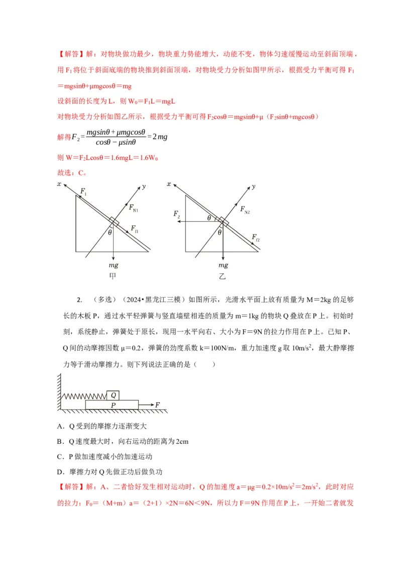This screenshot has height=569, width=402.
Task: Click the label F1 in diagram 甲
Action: (x=83, y=192)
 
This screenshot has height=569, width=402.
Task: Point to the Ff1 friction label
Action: (x=135, y=229)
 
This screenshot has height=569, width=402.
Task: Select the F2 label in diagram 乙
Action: (x=177, y=215)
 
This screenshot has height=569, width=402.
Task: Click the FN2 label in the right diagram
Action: (x=245, y=210)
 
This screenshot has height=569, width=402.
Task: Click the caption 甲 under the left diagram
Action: (x=113, y=276)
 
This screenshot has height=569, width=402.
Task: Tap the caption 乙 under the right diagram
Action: (x=222, y=276)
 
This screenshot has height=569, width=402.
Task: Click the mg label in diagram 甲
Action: (x=113, y=265)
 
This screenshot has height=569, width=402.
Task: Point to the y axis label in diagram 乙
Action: (x=253, y=186)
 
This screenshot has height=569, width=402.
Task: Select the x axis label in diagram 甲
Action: (x=59, y=184)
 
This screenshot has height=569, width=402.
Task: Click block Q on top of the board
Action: (x=114, y=395)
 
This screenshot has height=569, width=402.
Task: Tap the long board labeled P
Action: (x=112, y=405)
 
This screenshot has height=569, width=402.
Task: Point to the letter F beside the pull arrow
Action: (x=158, y=405)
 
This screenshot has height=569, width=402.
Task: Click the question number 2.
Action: (x=79, y=300)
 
